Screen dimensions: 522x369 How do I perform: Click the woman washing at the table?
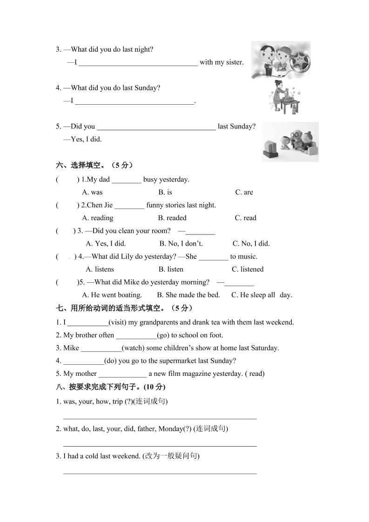pyautogui.click(x=280, y=95)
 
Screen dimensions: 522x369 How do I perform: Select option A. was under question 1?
pyautogui.click(x=92, y=192)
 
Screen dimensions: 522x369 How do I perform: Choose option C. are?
pyautogui.click(x=244, y=192)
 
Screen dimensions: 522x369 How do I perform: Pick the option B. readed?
pyautogui.click(x=172, y=218)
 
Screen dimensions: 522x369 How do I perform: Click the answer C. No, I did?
pyautogui.click(x=251, y=243)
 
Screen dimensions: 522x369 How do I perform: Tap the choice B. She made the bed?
pyautogui.click(x=188, y=294)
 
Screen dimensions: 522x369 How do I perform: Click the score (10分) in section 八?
pyautogui.click(x=154, y=387)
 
